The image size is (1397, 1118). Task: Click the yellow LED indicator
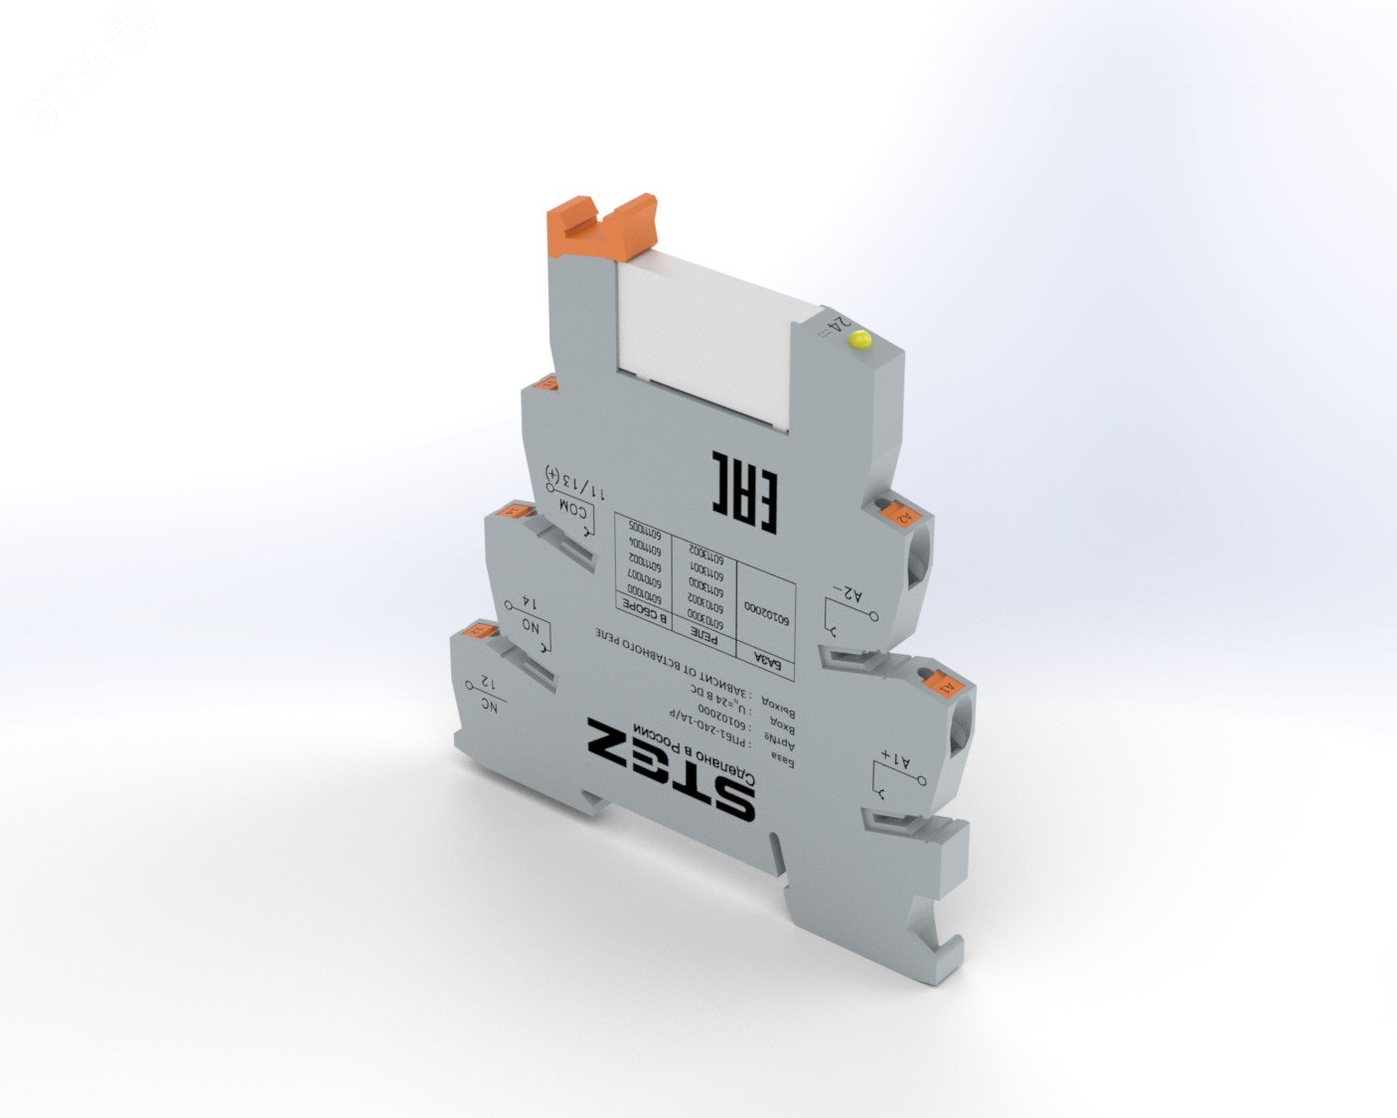859,341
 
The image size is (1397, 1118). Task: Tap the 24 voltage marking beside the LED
838,327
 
